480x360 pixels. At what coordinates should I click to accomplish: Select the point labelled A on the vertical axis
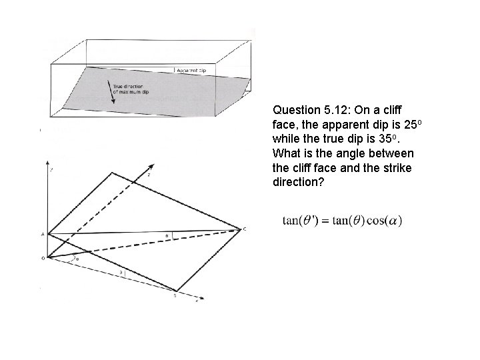pyautogui.click(x=43, y=235)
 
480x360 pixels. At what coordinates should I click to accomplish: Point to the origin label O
pyautogui.click(x=42, y=257)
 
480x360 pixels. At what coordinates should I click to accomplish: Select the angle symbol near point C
pyautogui.click(x=167, y=235)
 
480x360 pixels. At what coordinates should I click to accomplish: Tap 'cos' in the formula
pyautogui.click(x=376, y=221)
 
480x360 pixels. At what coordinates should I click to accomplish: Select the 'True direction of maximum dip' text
pyautogui.click(x=132, y=89)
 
